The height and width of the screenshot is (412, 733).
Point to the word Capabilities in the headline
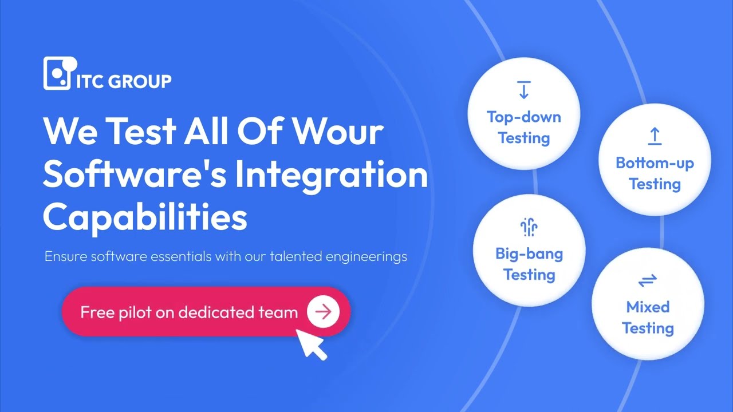coord(145,217)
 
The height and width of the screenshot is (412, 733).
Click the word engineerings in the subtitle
coord(366,256)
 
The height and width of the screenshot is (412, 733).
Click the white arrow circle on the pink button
coord(323,311)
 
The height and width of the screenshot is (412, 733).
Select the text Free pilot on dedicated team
coord(189,312)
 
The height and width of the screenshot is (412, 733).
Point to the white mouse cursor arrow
coord(311,343)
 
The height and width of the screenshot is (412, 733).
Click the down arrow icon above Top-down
coord(523,90)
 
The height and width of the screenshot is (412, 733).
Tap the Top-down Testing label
coord(523,128)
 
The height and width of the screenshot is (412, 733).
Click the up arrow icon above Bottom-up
coord(655,136)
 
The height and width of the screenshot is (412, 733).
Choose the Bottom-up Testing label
coord(655,173)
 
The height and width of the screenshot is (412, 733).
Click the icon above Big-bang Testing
coord(529,227)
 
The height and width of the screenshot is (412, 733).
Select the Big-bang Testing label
coord(529,264)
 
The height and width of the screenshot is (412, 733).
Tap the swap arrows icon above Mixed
coord(648,280)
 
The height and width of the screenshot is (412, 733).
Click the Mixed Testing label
coord(648,318)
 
